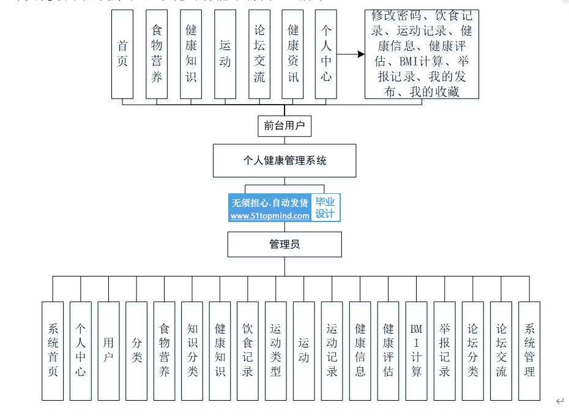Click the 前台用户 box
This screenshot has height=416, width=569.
click(284, 126)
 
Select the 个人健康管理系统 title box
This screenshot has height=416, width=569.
click(284, 161)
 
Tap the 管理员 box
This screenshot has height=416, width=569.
click(284, 244)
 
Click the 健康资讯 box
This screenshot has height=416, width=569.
click(292, 54)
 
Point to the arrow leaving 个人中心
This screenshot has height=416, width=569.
click(350, 54)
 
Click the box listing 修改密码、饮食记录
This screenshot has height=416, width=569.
click(422, 54)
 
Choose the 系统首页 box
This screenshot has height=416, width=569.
click(53, 351)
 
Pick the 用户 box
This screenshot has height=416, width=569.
click(108, 351)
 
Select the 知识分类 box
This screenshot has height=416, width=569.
click(192, 351)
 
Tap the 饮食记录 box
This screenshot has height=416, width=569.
click(248, 351)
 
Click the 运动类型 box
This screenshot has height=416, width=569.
click(276, 351)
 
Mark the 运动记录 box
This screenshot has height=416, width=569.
click(332, 351)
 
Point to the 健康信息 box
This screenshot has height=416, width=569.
click(360, 351)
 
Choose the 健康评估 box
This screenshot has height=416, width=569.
click(388, 351)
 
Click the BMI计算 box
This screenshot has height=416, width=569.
click(416, 351)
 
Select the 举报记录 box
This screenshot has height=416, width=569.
click(444, 351)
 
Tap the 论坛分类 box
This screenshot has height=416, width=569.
click(472, 351)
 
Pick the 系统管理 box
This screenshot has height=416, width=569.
click(529, 351)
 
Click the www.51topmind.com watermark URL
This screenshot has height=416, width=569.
click(270, 216)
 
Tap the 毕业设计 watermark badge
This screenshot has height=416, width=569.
click(325, 208)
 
